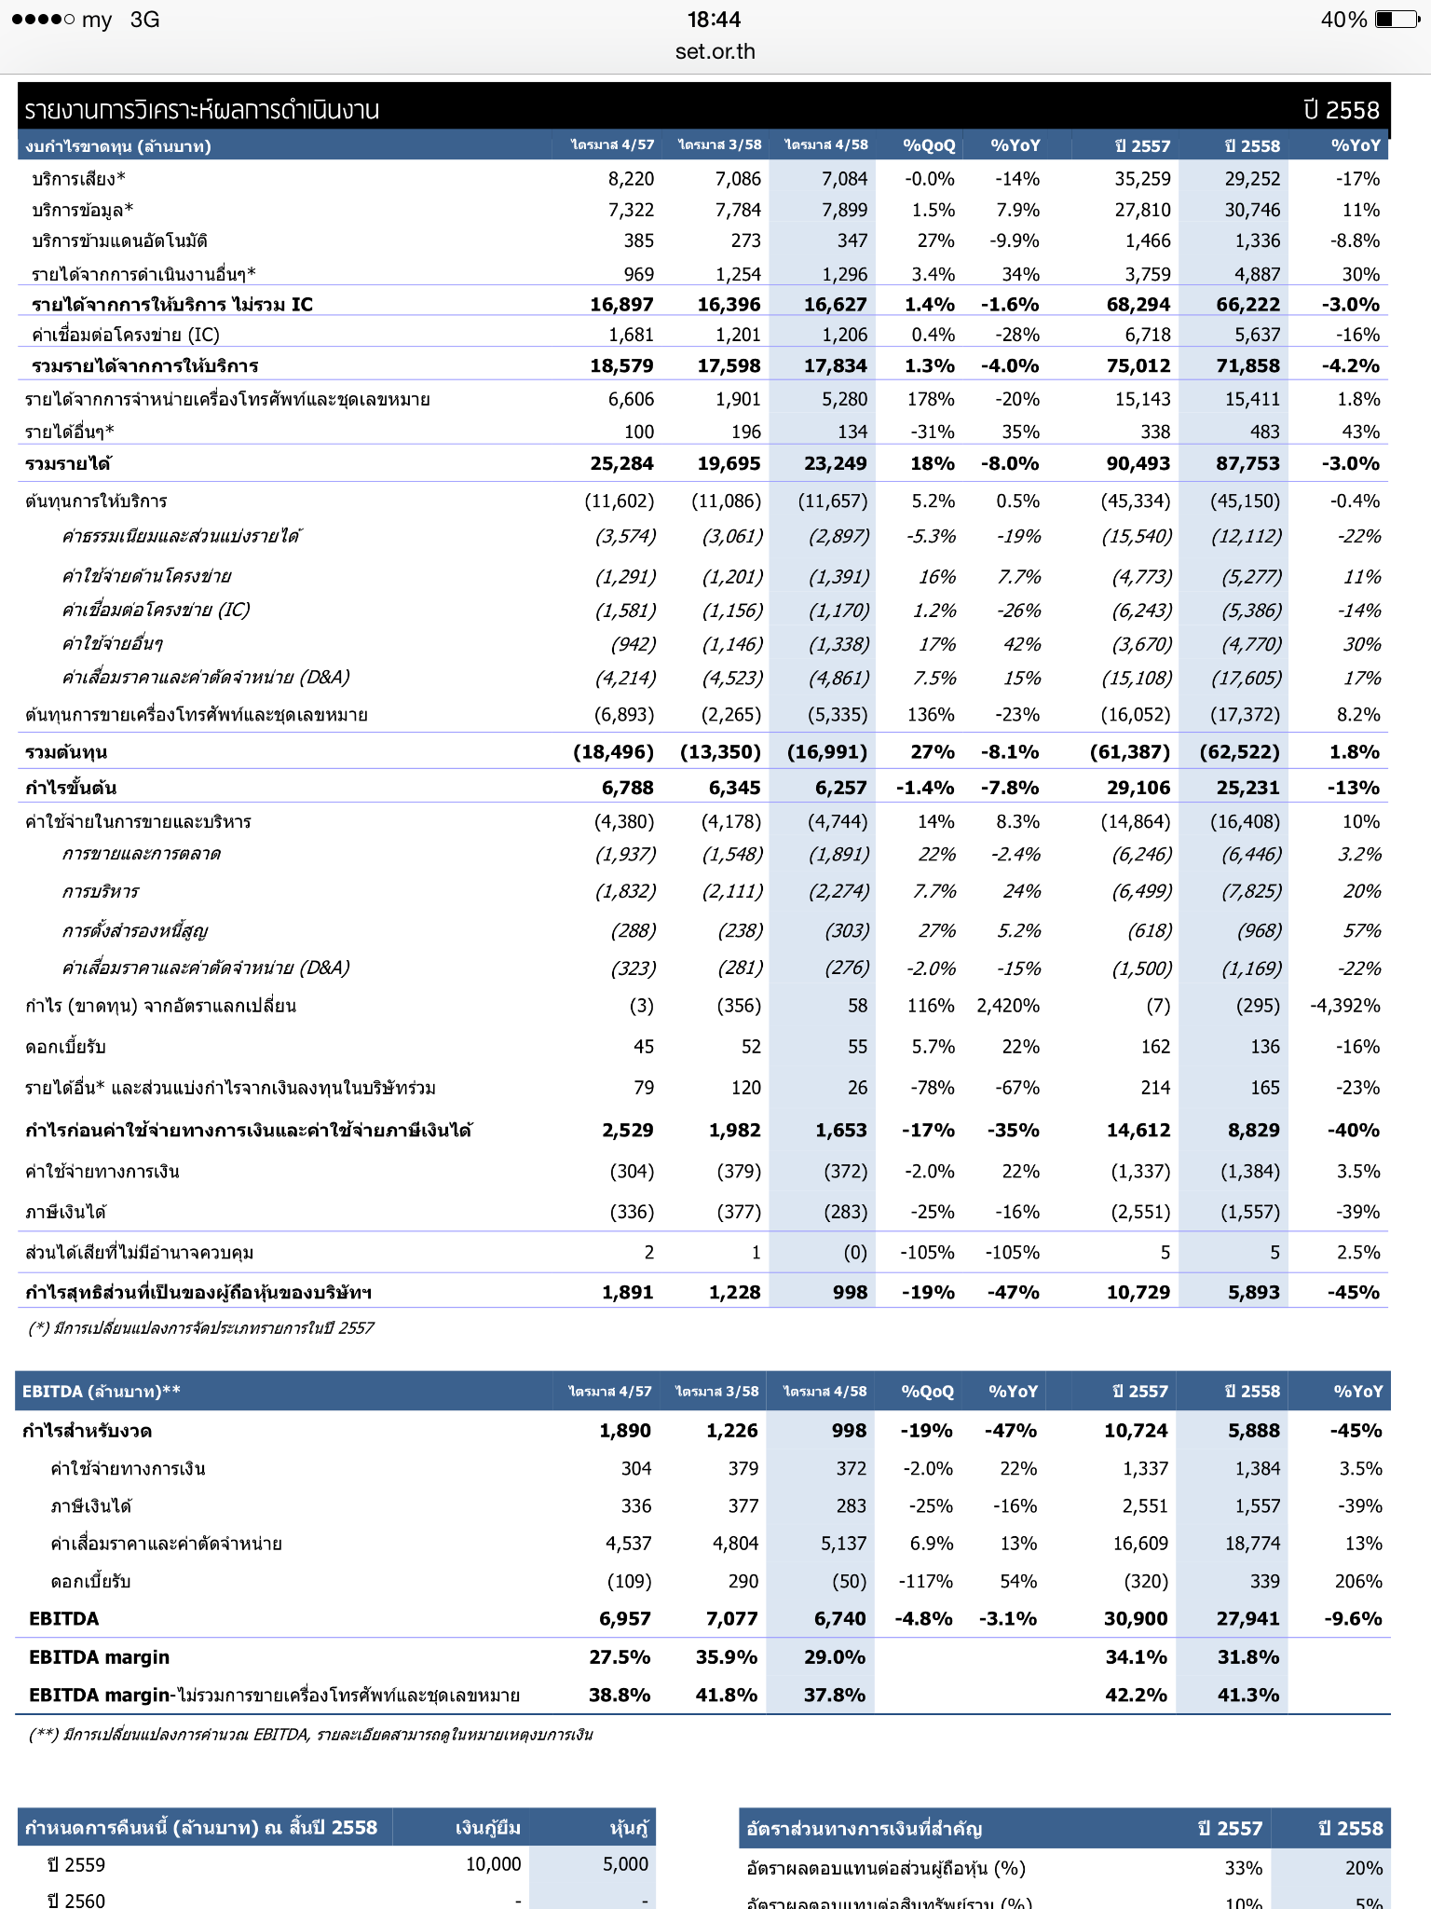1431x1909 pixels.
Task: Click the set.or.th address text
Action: click(715, 51)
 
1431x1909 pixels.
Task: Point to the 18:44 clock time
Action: click(715, 20)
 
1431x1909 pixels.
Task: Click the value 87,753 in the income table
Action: click(1247, 463)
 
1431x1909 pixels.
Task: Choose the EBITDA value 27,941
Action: click(1247, 1618)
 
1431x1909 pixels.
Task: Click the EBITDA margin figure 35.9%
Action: click(727, 1656)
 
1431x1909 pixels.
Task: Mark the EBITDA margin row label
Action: click(99, 1656)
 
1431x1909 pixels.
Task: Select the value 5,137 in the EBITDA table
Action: click(843, 1544)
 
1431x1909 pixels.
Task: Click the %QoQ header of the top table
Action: click(929, 145)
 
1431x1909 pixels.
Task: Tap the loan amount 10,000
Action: click(493, 1864)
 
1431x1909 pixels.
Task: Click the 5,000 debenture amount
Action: click(625, 1864)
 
